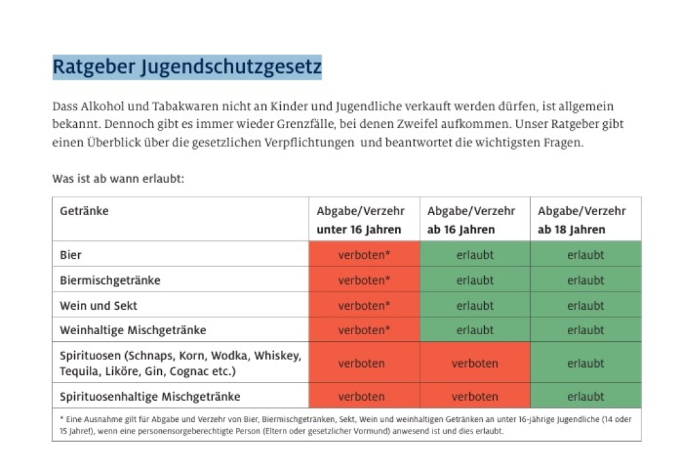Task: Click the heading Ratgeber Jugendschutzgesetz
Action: point(187,67)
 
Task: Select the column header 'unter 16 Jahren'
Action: point(359,229)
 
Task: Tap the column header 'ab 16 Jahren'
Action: point(461,229)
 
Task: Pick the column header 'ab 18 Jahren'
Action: point(571,229)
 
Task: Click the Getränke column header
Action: point(84,211)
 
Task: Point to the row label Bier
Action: point(71,255)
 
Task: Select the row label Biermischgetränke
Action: point(110,280)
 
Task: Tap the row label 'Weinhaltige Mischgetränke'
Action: point(133,330)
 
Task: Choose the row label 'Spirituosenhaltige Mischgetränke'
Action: point(150,396)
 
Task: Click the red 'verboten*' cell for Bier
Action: point(364,255)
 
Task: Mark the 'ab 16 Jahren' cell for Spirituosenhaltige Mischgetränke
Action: point(475,396)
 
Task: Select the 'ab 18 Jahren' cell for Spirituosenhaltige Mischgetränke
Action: point(585,396)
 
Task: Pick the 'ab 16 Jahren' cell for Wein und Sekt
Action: point(475,306)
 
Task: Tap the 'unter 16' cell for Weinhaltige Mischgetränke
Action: point(364,330)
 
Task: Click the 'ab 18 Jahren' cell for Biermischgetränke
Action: point(585,280)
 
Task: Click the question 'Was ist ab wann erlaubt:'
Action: point(118,179)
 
